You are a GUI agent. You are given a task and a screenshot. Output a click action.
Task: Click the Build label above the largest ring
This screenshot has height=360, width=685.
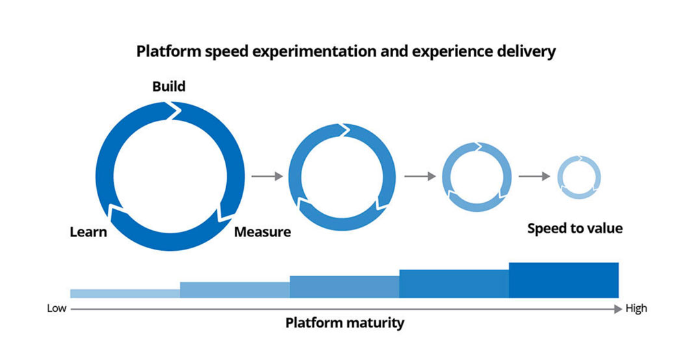168,86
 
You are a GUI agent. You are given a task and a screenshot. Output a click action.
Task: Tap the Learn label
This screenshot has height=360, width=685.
88,231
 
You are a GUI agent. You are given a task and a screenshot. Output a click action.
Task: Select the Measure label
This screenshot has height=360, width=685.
263,231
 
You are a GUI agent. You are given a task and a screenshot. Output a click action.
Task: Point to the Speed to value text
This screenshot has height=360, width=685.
575,229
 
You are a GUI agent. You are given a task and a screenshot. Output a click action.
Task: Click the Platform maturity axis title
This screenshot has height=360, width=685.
344,323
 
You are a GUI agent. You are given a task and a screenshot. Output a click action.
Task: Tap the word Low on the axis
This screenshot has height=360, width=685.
57,309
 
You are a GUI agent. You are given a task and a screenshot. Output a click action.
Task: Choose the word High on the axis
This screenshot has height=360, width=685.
636,309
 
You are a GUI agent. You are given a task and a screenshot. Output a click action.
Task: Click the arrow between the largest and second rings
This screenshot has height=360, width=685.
267,176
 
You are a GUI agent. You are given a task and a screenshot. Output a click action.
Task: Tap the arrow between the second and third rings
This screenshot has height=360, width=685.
420,176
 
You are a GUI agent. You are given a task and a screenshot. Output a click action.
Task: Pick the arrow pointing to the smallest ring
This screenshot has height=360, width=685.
535,176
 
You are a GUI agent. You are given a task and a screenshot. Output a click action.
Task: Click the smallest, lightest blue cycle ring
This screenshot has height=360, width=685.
579,158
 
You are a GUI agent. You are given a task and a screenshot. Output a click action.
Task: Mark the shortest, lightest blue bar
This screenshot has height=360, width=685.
125,294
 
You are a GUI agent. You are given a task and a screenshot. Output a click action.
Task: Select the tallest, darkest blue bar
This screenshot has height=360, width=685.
563,280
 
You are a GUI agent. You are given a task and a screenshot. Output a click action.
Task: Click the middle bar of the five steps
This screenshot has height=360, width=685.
344,287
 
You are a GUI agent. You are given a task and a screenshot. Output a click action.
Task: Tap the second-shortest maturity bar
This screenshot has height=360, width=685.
235,290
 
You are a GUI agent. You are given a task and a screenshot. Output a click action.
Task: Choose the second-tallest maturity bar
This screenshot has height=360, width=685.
454,284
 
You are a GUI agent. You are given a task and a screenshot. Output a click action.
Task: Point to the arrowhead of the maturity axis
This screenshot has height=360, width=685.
619,309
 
